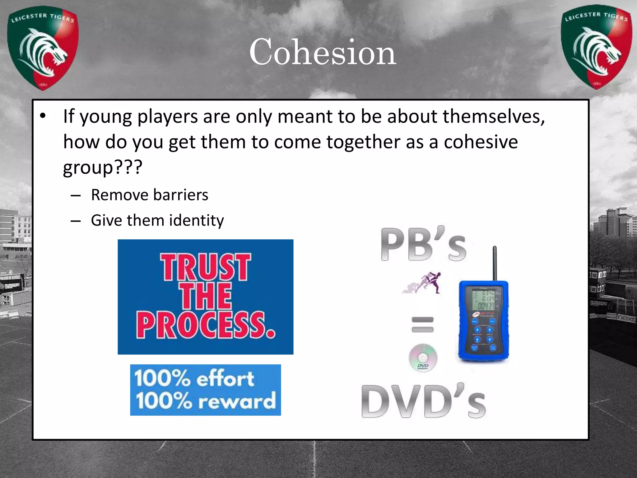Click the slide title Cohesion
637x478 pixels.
323,52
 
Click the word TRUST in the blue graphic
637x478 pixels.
206,267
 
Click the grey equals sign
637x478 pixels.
422,324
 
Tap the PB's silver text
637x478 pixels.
423,245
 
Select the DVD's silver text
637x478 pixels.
423,401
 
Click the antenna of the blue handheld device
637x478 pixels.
495,263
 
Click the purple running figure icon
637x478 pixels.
422,283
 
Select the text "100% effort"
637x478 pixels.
194,378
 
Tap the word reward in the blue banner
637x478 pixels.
237,401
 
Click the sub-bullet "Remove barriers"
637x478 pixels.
149,195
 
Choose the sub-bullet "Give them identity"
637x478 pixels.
157,220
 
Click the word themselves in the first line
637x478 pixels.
494,117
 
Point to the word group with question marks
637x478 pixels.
102,167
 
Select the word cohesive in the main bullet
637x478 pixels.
481,142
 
